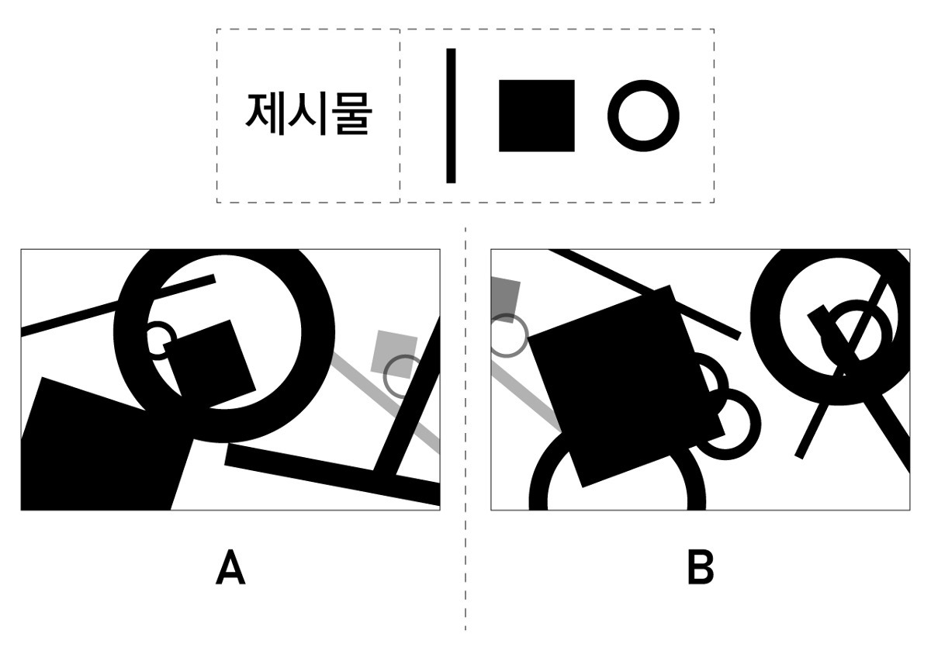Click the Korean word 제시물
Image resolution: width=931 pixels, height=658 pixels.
click(309, 114)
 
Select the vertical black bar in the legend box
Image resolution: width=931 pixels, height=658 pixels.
click(451, 116)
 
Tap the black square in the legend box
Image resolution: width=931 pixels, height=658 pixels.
click(537, 116)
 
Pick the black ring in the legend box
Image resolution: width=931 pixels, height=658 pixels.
click(643, 116)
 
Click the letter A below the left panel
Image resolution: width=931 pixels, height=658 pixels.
click(230, 567)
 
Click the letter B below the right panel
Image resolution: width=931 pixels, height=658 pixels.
click(701, 567)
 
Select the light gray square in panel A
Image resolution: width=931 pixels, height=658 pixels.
click(394, 354)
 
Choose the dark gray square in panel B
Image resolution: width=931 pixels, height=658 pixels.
click(505, 300)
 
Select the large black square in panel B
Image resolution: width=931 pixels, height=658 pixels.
click(626, 386)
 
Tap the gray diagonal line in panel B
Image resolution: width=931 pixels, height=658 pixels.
click(526, 395)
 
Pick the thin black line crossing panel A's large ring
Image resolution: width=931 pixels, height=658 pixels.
click(118, 306)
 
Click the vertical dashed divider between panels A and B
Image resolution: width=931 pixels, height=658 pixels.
click(465, 428)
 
